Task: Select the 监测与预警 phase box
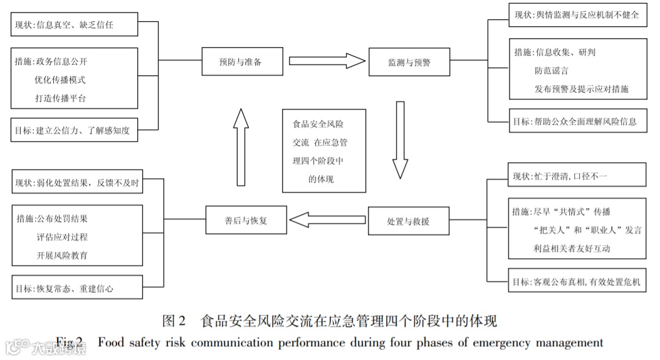(409, 62)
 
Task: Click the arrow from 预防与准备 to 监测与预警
(327, 61)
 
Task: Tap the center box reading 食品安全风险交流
(323, 151)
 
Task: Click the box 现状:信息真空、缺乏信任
(73, 26)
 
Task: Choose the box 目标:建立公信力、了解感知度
(73, 130)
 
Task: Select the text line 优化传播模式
(60, 80)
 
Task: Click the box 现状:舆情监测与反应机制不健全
(575, 14)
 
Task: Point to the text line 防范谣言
(547, 71)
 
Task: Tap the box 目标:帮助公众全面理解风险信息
(575, 121)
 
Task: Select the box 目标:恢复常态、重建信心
(73, 289)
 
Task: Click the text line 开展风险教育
(61, 255)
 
